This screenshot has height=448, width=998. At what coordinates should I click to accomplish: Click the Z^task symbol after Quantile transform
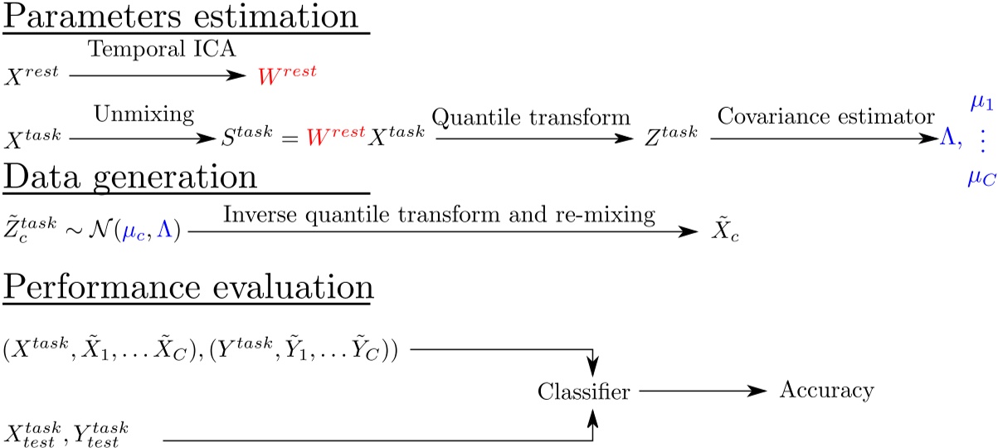pyautogui.click(x=667, y=141)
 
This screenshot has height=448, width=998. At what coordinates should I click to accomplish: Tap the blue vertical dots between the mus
pyautogui.click(x=983, y=141)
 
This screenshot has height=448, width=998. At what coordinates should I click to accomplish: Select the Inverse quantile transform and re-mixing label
pyautogui.click(x=440, y=214)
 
